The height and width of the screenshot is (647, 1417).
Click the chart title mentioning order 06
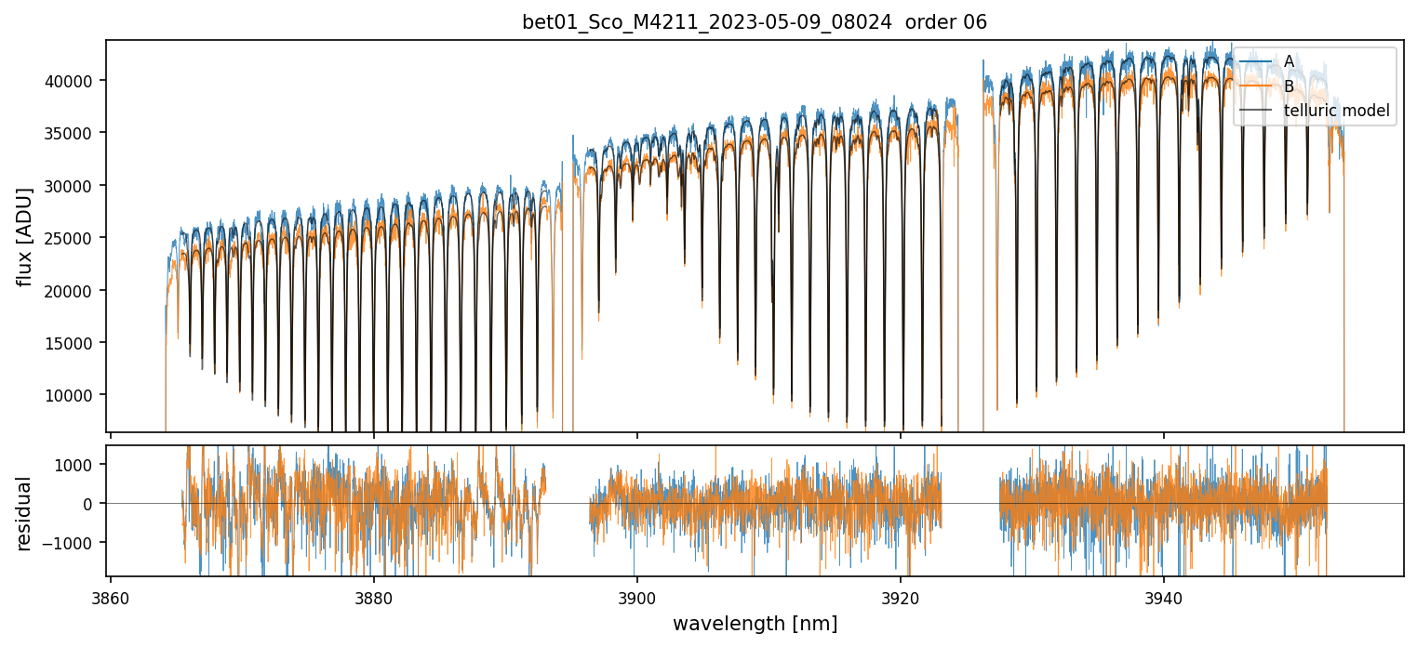click(755, 22)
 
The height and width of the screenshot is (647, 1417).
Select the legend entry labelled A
click(1289, 61)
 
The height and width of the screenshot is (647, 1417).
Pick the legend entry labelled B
click(1289, 86)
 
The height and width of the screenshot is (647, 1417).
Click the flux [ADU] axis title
click(24, 236)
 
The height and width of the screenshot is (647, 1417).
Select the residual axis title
click(24, 512)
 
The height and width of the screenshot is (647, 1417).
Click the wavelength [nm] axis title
click(755, 623)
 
